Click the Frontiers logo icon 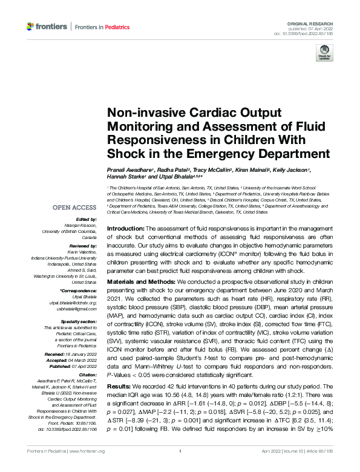click(30, 26)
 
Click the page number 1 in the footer click(180, 468)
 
